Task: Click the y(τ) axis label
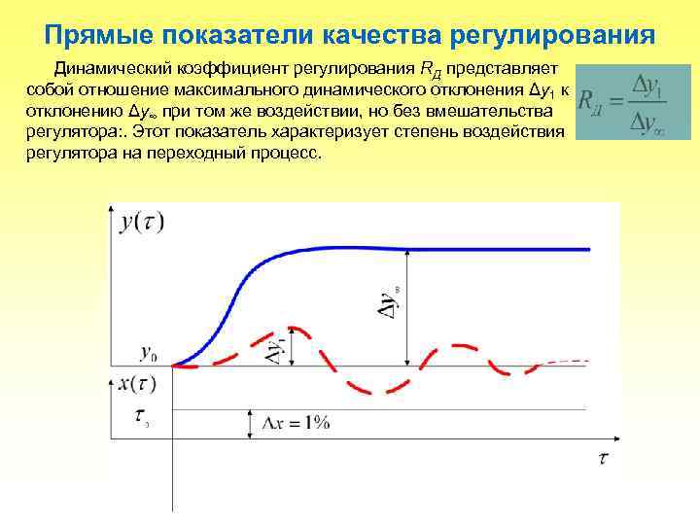coord(142,223)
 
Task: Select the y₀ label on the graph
coord(150,353)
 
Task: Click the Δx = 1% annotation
coord(297,422)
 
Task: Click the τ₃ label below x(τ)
coord(141,418)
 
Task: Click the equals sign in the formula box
coord(615,101)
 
